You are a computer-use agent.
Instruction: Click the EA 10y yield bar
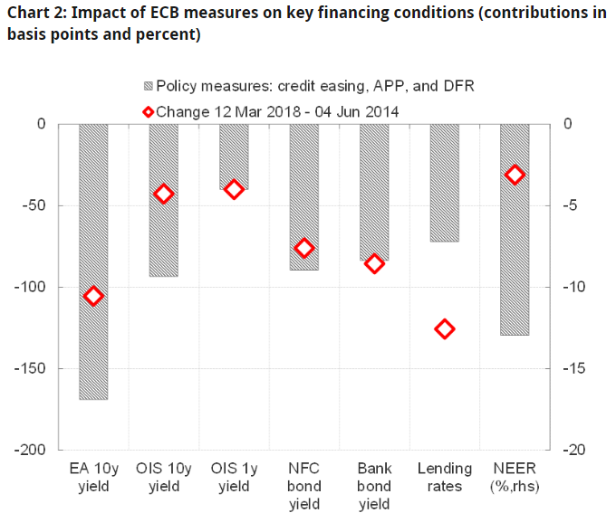(93, 261)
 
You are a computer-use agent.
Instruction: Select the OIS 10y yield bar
(164, 200)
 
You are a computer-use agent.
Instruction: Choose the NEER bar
(515, 230)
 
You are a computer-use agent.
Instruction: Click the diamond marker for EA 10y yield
(93, 296)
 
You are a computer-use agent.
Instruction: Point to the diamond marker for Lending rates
(444, 328)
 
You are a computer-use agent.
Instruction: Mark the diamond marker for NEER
(515, 175)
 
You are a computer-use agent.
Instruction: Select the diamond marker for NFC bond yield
(304, 248)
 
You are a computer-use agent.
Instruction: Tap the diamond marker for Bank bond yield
(374, 263)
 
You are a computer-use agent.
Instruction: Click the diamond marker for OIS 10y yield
(164, 194)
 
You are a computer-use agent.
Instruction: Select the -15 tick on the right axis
(574, 368)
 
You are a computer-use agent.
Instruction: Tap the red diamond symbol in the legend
(148, 111)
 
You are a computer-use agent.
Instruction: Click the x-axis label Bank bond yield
(374, 486)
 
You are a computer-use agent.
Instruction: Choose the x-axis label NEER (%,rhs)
(515, 477)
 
